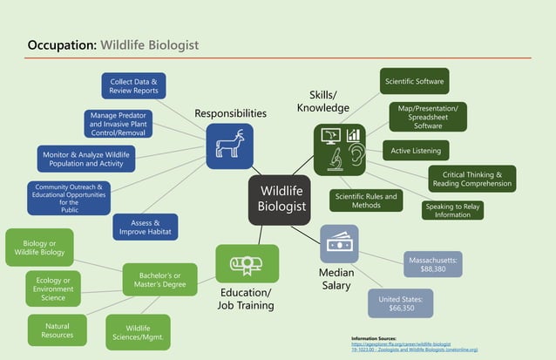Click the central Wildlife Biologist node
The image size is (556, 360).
point(279,200)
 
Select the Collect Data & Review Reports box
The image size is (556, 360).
point(133,85)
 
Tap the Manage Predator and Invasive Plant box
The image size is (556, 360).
point(119,124)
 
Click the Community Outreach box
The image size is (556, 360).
point(69,198)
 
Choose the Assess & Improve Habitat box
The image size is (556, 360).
point(146,228)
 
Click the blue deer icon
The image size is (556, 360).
point(229,146)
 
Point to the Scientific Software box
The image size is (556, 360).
point(415,82)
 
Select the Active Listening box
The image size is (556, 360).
point(416,151)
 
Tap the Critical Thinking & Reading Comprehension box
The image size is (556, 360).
point(471,179)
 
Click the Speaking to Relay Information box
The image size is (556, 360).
point(452,210)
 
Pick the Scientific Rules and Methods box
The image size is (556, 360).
point(366,200)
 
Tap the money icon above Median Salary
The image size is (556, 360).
point(338,244)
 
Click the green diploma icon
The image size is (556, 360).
point(247,263)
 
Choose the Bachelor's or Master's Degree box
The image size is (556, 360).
point(160,280)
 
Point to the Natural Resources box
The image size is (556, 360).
point(57,330)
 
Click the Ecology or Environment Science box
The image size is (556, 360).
point(53,288)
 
